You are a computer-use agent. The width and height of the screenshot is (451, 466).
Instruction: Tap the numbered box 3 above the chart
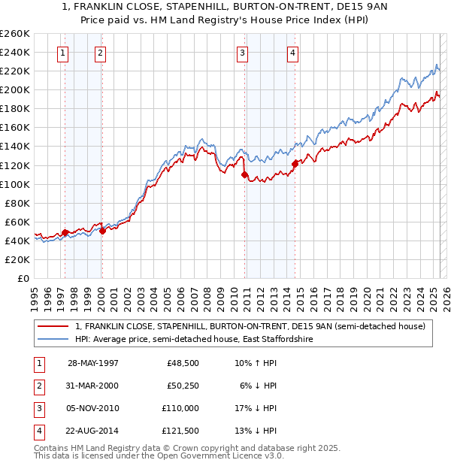243,53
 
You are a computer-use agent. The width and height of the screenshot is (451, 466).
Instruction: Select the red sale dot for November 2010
244,174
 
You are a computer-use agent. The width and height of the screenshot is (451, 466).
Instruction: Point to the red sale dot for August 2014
295,163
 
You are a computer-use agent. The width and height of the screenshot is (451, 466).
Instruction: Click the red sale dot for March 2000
102,231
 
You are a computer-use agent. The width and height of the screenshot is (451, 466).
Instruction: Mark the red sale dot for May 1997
65,232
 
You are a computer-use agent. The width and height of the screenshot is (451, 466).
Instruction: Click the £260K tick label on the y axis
15,34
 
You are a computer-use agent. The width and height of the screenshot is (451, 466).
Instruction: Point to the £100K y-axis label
15,184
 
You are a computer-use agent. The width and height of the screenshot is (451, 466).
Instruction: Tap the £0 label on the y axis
23,278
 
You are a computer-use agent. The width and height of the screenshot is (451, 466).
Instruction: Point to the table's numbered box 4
38,431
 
